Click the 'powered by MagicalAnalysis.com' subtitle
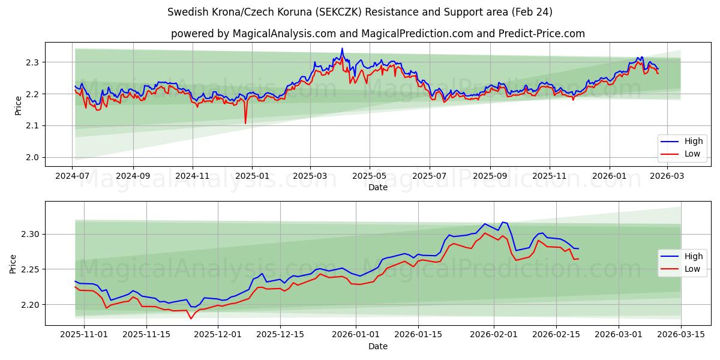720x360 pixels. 377,34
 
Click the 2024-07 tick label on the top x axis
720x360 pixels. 72,176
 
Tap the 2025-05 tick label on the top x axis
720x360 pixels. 369,176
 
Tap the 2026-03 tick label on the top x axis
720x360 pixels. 667,176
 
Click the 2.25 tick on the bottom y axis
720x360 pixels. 29,269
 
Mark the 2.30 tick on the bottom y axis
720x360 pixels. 29,234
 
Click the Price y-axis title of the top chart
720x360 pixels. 18,104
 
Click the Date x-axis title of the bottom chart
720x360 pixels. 377,346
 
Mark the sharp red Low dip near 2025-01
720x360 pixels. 245,123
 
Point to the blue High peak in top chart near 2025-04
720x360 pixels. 342,49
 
